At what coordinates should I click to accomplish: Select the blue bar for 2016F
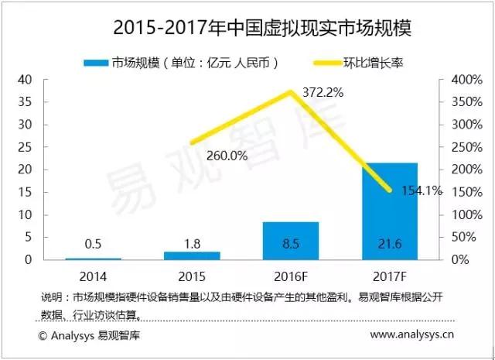click(290, 240)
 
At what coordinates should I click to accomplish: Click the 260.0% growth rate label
click(227, 155)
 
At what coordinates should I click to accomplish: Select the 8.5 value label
click(290, 243)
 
